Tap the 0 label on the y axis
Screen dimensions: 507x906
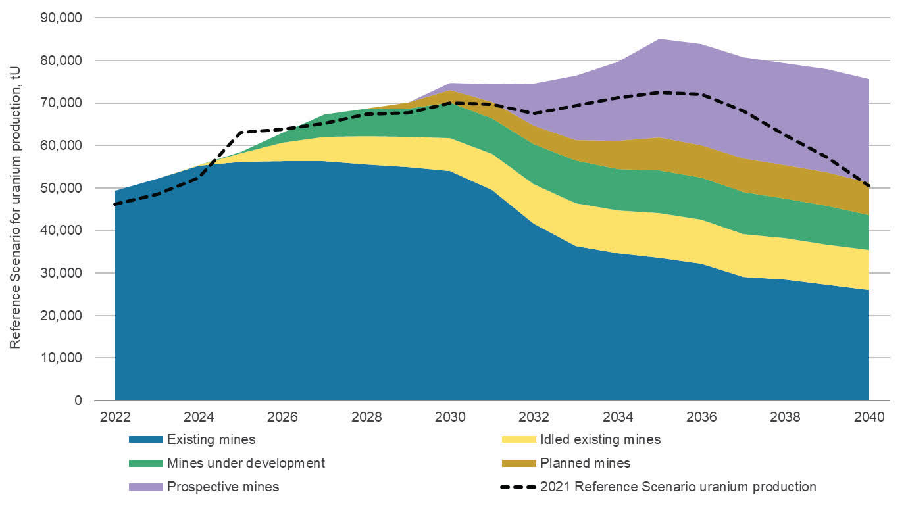pos(78,400)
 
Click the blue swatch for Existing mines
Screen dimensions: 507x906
pos(145,439)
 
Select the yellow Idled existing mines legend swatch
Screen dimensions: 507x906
pos(517,439)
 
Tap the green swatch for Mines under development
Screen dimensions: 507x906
pos(145,464)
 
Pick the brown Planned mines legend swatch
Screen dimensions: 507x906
pos(517,464)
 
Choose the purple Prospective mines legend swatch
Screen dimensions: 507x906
pos(145,487)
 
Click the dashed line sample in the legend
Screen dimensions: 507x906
pos(517,487)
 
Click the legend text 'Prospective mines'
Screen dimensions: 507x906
pos(223,487)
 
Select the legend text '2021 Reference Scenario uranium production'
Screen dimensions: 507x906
pos(678,487)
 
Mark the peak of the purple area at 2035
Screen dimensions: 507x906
pos(660,39)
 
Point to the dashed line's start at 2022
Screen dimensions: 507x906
pos(116,205)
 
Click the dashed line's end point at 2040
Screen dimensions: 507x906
pos(868,186)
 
